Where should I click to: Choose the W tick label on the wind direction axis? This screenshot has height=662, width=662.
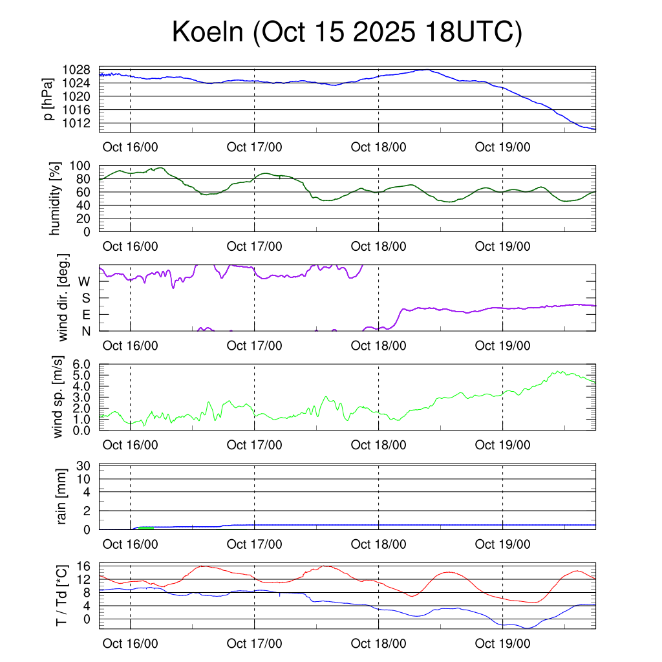coord(84,281)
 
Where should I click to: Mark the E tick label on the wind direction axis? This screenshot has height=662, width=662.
coord(85,315)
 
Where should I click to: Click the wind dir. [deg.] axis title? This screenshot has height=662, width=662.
coord(64,297)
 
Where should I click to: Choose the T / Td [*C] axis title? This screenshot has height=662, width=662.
coord(61,595)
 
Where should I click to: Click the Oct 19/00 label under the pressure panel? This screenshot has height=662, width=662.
coord(502,147)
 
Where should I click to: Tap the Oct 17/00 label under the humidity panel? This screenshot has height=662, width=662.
coord(254,246)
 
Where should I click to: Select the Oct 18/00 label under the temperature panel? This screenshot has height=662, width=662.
coord(378,643)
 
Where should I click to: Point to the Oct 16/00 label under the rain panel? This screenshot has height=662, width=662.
coord(130,544)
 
